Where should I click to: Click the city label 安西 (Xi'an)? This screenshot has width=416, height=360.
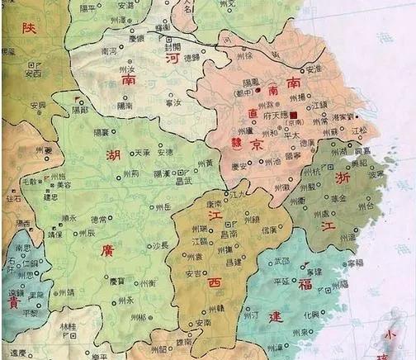click(34, 73)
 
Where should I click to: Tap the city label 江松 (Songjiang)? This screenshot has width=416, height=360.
click(359, 130)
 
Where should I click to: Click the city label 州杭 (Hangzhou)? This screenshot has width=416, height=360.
click(313, 170)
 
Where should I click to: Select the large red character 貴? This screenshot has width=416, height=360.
click(13, 303)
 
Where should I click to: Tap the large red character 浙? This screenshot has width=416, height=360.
click(343, 178)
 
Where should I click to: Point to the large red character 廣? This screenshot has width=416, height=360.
click(107, 249)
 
